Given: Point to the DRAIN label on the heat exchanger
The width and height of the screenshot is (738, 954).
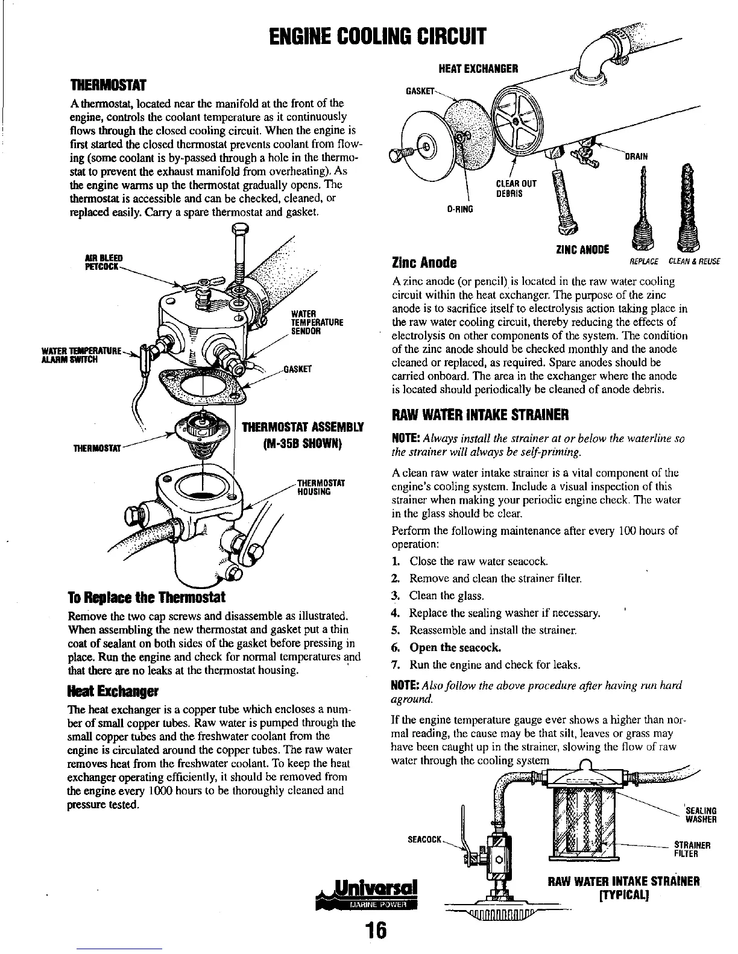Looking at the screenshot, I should coord(635,157).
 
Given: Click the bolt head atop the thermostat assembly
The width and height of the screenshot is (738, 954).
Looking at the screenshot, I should coord(239,229).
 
